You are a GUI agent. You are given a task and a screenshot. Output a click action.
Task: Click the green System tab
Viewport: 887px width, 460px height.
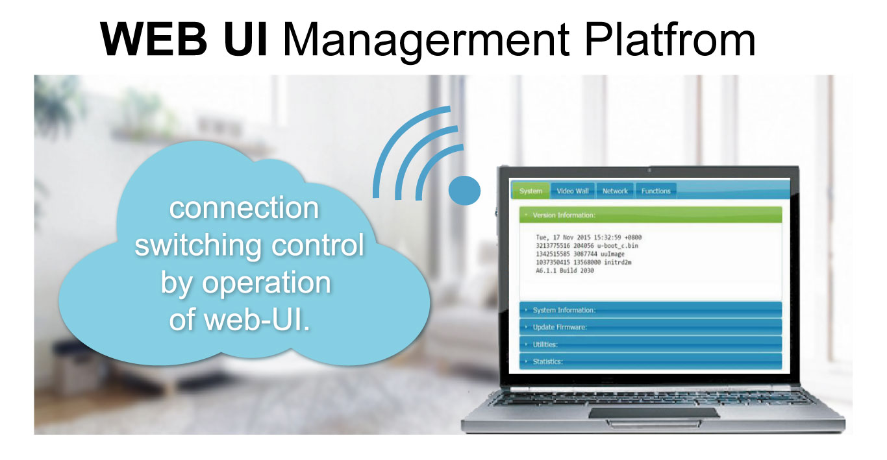[531, 191]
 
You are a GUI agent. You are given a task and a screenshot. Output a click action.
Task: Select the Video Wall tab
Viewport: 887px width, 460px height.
[573, 191]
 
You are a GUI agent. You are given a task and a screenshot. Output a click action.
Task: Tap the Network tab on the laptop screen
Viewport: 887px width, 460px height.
[615, 191]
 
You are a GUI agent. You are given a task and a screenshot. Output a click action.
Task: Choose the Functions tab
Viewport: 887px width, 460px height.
[656, 191]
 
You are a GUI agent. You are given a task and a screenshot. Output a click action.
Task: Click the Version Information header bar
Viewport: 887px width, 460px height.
[651, 215]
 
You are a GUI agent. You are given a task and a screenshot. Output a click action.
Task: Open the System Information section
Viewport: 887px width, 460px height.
[651, 309]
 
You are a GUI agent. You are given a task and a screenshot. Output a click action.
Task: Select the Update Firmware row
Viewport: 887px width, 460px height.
[651, 327]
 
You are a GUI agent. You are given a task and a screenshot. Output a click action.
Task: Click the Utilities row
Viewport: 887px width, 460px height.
[651, 344]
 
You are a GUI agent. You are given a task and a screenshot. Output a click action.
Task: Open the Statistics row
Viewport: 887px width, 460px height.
[651, 361]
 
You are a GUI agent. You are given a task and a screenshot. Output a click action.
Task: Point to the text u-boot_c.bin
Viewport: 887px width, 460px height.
[618, 246]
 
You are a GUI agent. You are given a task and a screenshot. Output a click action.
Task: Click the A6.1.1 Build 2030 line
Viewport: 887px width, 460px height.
[565, 271]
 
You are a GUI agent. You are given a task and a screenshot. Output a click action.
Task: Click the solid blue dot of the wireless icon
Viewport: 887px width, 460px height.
[464, 191]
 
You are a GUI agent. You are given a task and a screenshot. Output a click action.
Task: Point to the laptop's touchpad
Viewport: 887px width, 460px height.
[654, 413]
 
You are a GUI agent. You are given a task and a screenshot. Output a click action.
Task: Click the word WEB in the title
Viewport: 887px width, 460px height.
[154, 40]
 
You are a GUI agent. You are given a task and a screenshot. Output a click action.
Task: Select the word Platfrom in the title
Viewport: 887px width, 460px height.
[670, 39]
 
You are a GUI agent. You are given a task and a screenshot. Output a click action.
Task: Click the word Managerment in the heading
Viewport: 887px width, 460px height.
[427, 42]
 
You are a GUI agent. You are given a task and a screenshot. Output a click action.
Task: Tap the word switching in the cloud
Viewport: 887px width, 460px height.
[198, 246]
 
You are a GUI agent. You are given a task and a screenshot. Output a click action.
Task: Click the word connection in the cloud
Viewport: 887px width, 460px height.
[244, 208]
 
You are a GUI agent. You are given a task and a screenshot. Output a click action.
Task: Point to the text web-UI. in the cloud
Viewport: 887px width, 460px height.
[257, 319]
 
